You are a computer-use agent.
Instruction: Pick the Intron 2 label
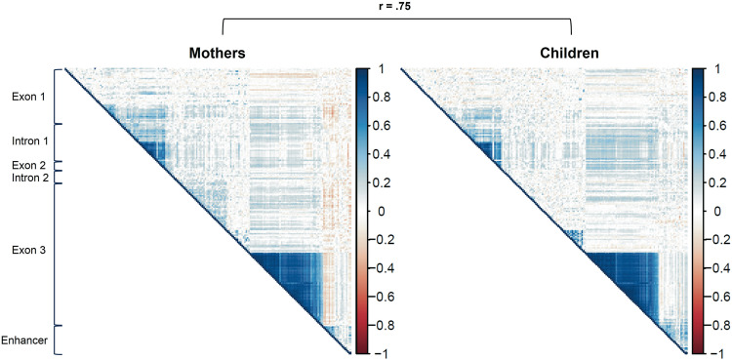click(x=28, y=178)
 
